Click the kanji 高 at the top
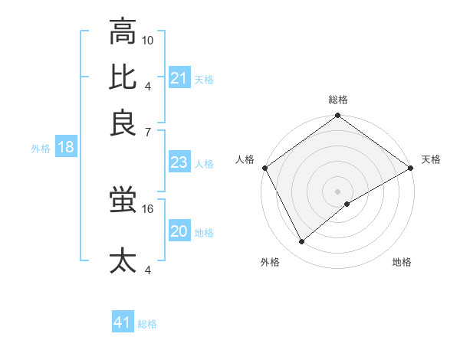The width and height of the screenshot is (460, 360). (x=123, y=32)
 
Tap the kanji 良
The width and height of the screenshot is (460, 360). (x=123, y=122)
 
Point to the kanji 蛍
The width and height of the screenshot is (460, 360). (x=123, y=200)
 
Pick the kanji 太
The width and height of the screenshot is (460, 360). (x=123, y=260)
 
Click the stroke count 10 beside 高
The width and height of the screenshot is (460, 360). (x=149, y=40)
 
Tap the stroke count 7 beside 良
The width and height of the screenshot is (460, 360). (x=149, y=133)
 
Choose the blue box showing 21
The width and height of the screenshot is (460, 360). (x=179, y=78)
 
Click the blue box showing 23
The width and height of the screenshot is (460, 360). (x=179, y=162)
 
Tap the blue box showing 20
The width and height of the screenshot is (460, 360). (x=179, y=232)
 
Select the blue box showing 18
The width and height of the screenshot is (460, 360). (x=66, y=148)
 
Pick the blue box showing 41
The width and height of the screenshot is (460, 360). (x=123, y=322)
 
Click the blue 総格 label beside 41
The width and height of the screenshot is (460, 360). (x=147, y=324)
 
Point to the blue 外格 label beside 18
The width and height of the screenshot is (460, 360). (x=41, y=149)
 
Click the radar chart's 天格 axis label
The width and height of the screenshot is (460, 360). (x=431, y=159)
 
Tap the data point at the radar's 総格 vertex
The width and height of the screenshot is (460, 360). (x=338, y=116)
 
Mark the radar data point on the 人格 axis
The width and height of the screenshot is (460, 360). (x=264, y=168)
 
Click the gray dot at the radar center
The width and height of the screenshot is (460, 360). (x=338, y=191)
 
